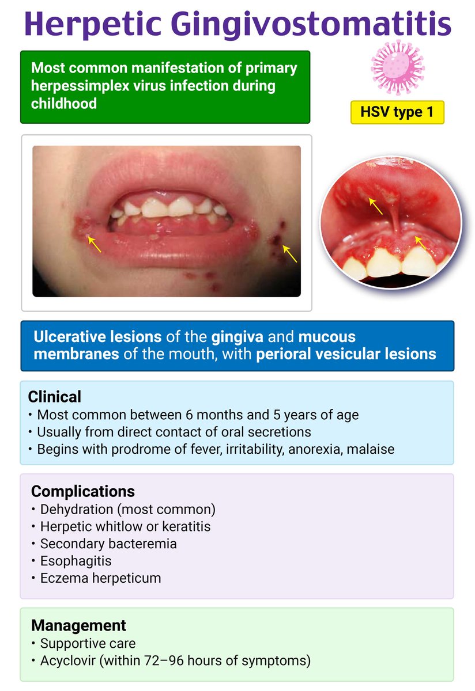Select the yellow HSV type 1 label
[x=397, y=112]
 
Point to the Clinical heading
[x=55, y=397]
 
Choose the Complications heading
[x=83, y=491]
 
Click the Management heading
[x=78, y=625]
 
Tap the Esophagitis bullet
[x=76, y=560]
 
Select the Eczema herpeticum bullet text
[x=100, y=578]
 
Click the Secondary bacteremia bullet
[x=108, y=543]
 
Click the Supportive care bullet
[x=88, y=643]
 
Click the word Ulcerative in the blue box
[x=68, y=336]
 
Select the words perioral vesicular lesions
[x=345, y=354]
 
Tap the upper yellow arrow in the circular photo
[x=376, y=206]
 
